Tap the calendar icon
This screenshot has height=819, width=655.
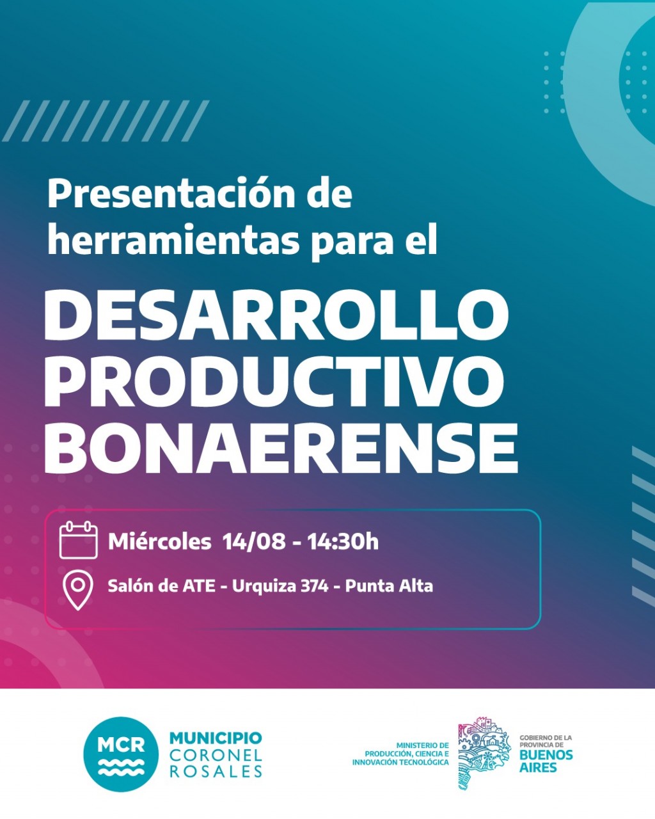pos(79,540)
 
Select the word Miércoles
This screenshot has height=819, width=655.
pos(159,541)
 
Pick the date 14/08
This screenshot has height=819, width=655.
pos(254,541)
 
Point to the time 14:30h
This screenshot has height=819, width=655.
pos(343,541)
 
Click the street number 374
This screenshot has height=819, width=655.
pos(315,587)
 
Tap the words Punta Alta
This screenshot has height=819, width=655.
pos(389,587)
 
